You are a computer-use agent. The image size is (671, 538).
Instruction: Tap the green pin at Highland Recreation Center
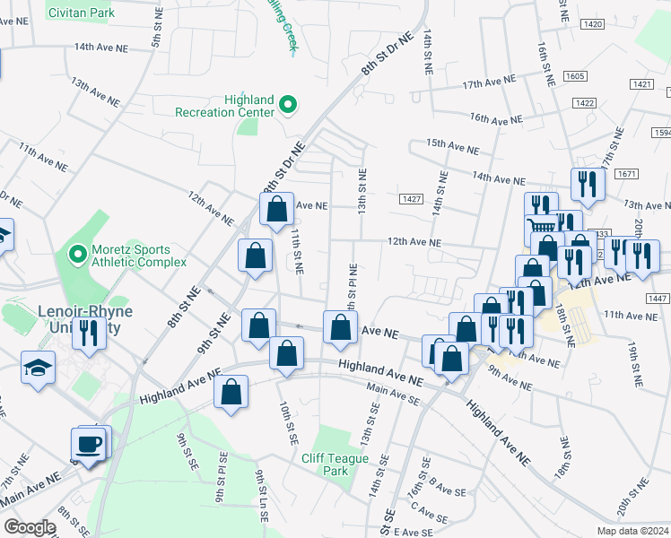288,106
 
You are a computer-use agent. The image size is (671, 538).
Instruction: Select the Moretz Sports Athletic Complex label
138,256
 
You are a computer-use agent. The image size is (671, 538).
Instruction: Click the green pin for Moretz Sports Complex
78,256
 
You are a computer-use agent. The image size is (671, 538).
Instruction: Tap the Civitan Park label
82,13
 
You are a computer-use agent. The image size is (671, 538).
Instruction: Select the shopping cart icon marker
541,229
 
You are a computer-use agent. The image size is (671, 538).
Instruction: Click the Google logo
29,527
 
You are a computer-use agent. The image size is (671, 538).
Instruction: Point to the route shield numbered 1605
576,77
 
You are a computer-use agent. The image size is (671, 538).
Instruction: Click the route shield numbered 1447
658,298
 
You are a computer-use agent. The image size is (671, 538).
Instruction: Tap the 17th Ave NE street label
490,82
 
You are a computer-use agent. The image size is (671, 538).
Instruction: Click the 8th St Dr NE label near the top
387,54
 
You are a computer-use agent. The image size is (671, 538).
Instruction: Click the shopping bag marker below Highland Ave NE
231,394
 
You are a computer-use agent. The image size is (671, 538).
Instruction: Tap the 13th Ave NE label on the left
95,92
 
